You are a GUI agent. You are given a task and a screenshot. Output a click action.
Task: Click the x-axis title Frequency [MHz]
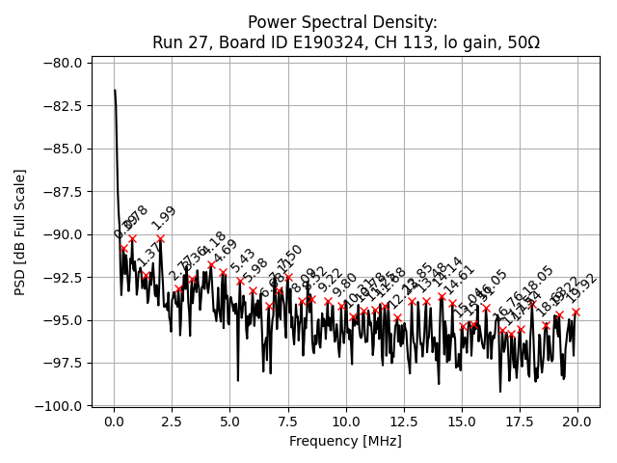click(x=345, y=442)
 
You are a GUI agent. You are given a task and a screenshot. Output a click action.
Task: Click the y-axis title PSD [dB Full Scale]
click(x=20, y=231)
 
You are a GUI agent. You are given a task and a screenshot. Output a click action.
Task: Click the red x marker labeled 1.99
click(x=160, y=238)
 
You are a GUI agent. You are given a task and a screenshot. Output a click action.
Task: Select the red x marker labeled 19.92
click(x=576, y=312)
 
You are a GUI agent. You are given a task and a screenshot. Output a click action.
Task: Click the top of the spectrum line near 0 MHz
click(x=115, y=91)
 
